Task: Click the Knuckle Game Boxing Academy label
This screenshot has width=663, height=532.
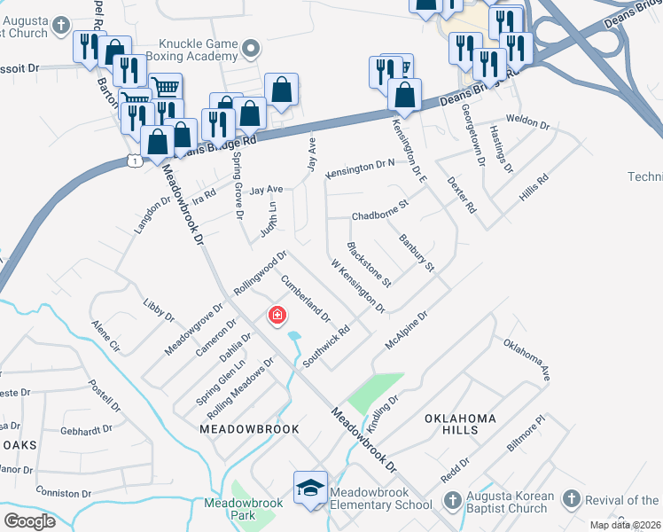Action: click(x=199, y=52)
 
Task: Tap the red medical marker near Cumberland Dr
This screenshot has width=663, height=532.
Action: click(x=277, y=315)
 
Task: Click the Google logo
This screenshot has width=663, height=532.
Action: click(x=29, y=520)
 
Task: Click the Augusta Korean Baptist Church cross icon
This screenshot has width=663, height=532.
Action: click(x=452, y=501)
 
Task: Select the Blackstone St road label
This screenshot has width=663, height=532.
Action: click(x=370, y=264)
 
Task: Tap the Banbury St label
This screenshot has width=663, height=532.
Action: click(x=417, y=253)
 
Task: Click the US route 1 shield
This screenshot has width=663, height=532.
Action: click(x=132, y=160)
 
